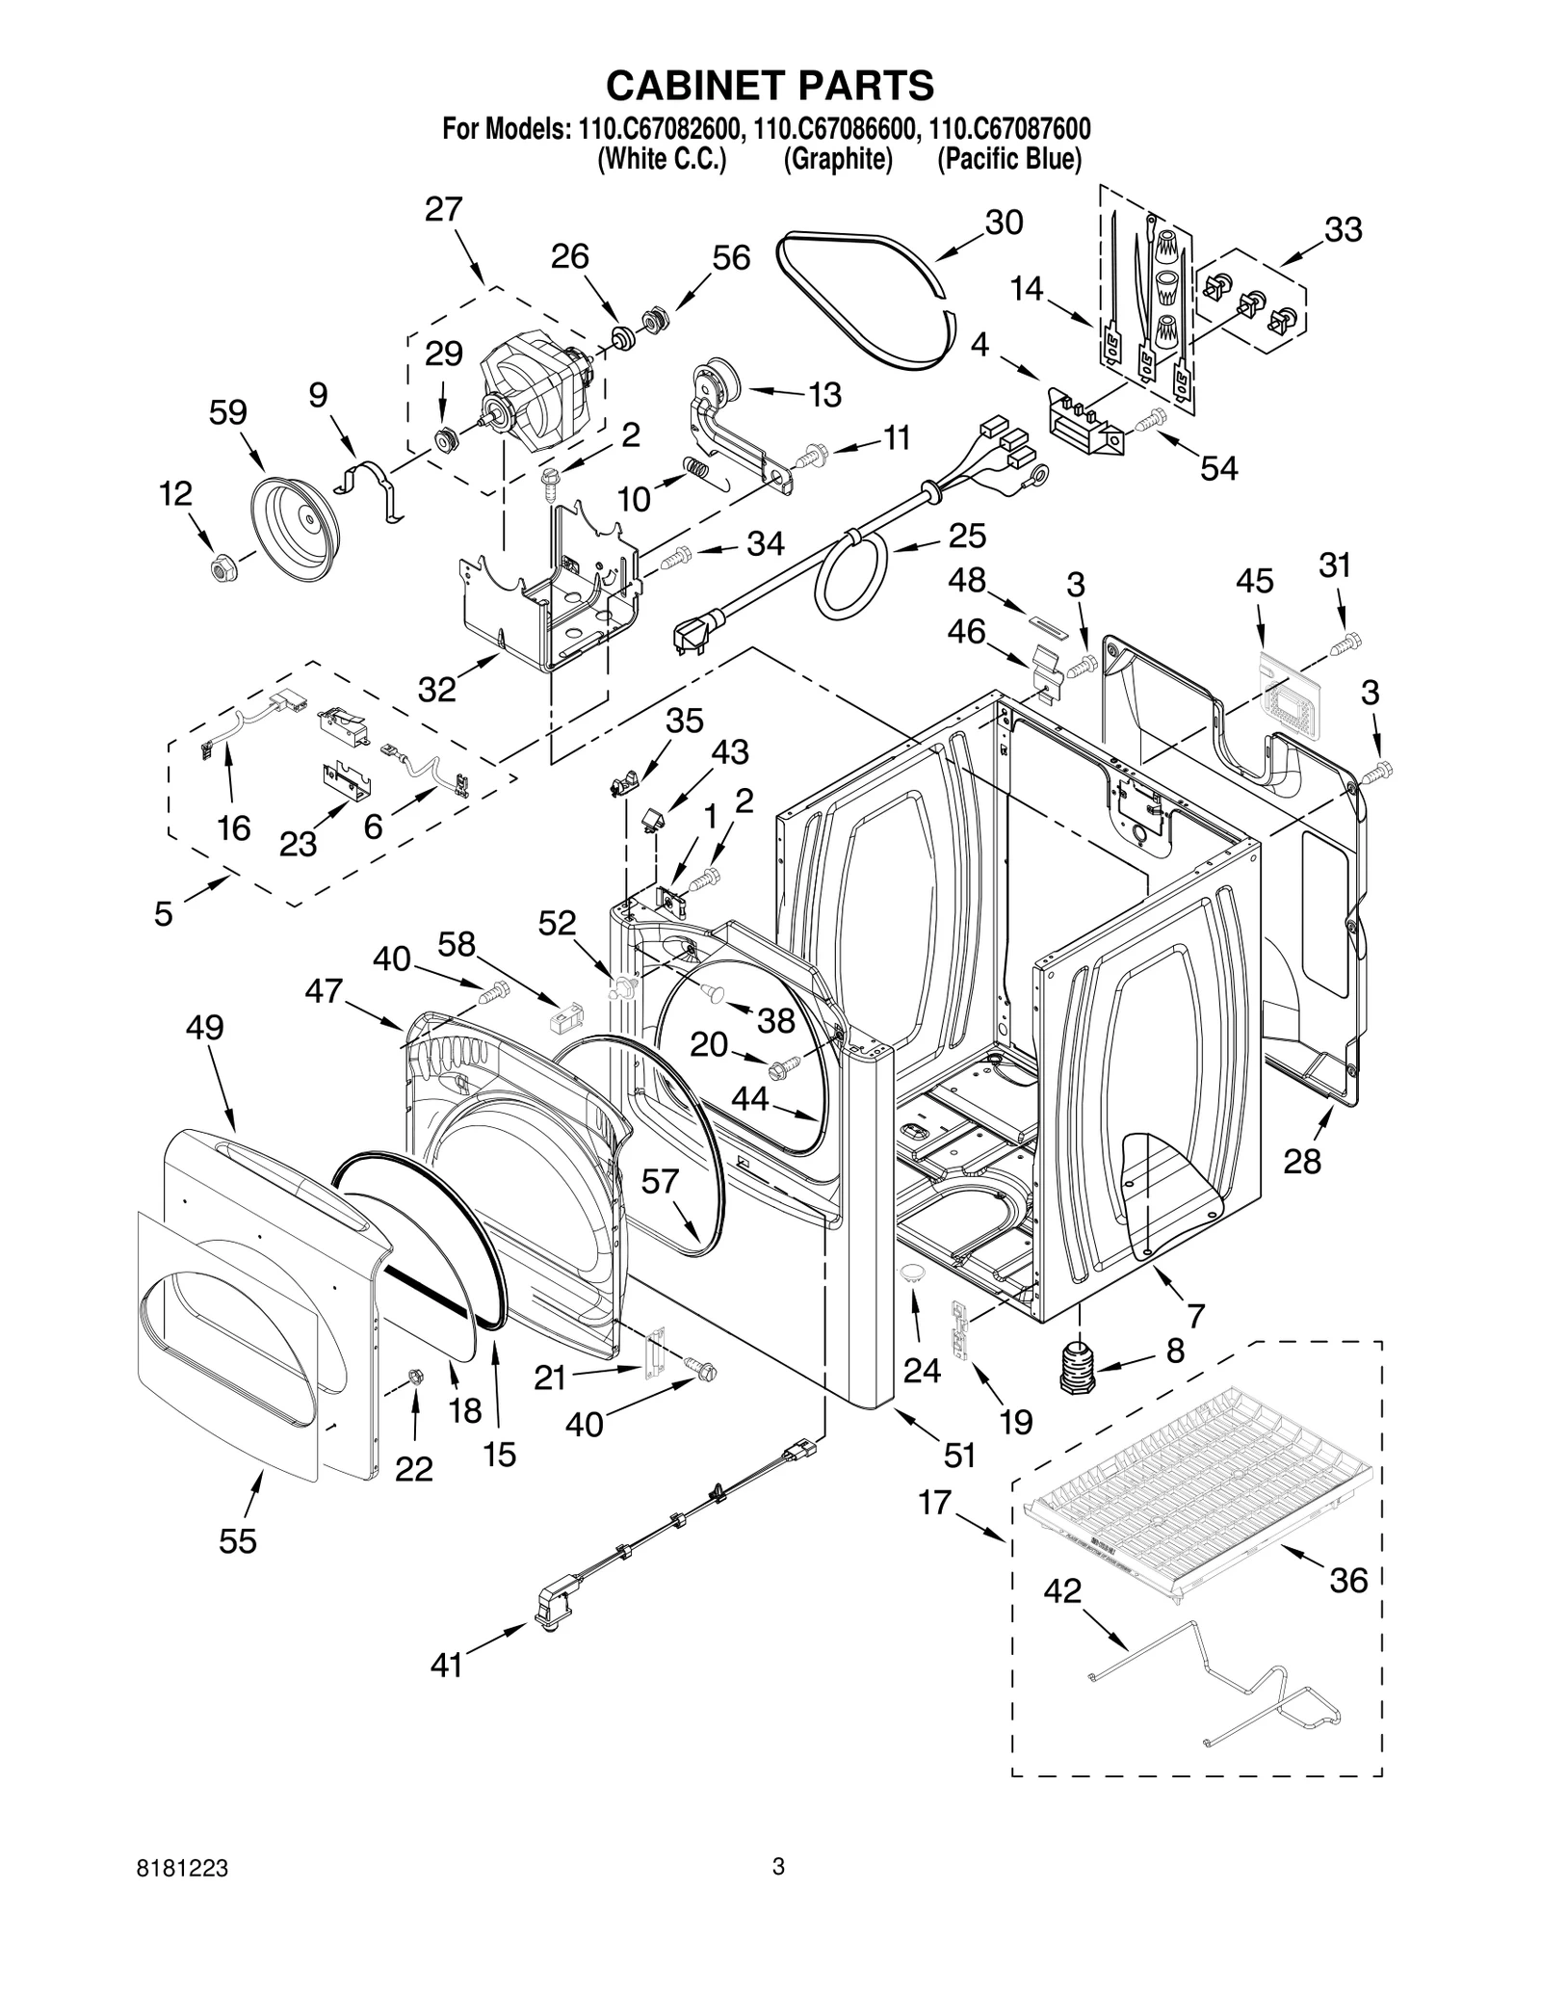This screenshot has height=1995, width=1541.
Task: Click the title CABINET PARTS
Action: pos(770,86)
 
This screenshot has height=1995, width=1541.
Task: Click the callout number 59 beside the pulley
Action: pos(228,412)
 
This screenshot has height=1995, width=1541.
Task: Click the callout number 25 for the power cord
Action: pos(967,536)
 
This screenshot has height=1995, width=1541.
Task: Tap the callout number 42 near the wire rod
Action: pos(1062,1591)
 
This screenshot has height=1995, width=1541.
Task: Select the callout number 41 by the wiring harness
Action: pos(447,1665)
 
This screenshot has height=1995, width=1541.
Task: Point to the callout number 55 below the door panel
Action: pos(238,1540)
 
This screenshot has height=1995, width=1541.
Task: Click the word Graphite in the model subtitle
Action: pos(837,159)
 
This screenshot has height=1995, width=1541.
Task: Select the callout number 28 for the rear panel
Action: pos(1302,1162)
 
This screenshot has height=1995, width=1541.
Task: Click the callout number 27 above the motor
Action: pos(444,210)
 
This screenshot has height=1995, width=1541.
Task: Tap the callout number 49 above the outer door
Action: pos(204,1027)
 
